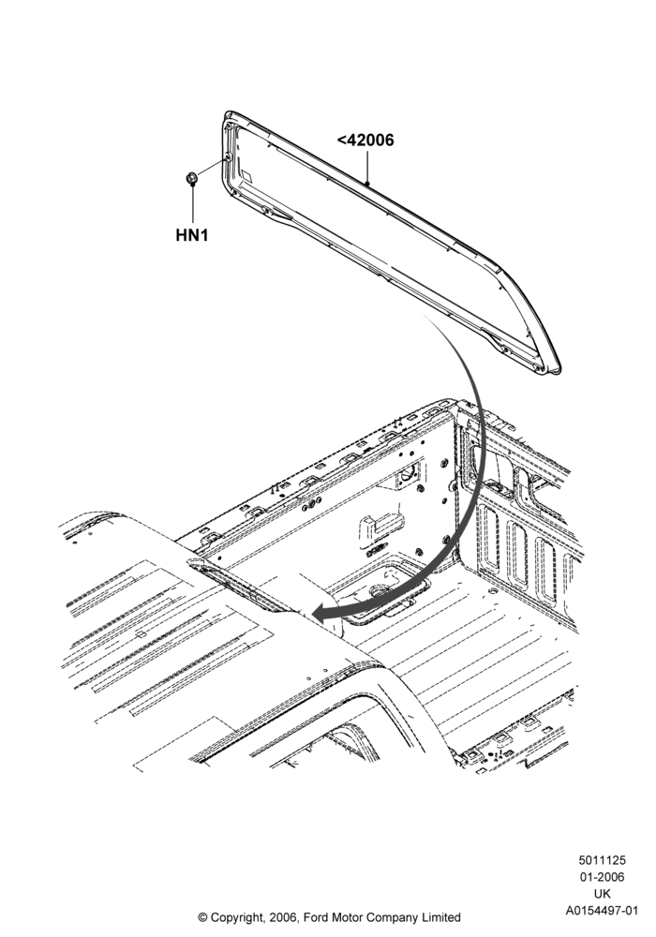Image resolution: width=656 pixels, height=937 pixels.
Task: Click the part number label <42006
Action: tap(365, 141)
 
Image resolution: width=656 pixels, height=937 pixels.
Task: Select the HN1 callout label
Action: tap(192, 235)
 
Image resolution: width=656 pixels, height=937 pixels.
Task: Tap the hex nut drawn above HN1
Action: tap(192, 177)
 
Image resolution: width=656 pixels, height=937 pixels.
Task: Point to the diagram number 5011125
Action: tap(602, 860)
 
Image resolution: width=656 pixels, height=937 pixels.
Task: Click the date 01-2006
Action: tap(602, 877)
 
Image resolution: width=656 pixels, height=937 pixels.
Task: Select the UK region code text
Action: tap(603, 894)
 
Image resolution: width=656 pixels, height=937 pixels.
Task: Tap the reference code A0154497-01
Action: tap(603, 911)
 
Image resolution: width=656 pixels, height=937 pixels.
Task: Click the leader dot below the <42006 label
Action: tap(367, 183)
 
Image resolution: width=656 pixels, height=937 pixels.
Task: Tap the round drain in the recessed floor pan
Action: tap(379, 591)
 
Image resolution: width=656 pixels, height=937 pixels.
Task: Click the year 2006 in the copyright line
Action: tap(284, 917)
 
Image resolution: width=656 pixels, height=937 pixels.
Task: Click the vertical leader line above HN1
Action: tap(192, 204)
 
